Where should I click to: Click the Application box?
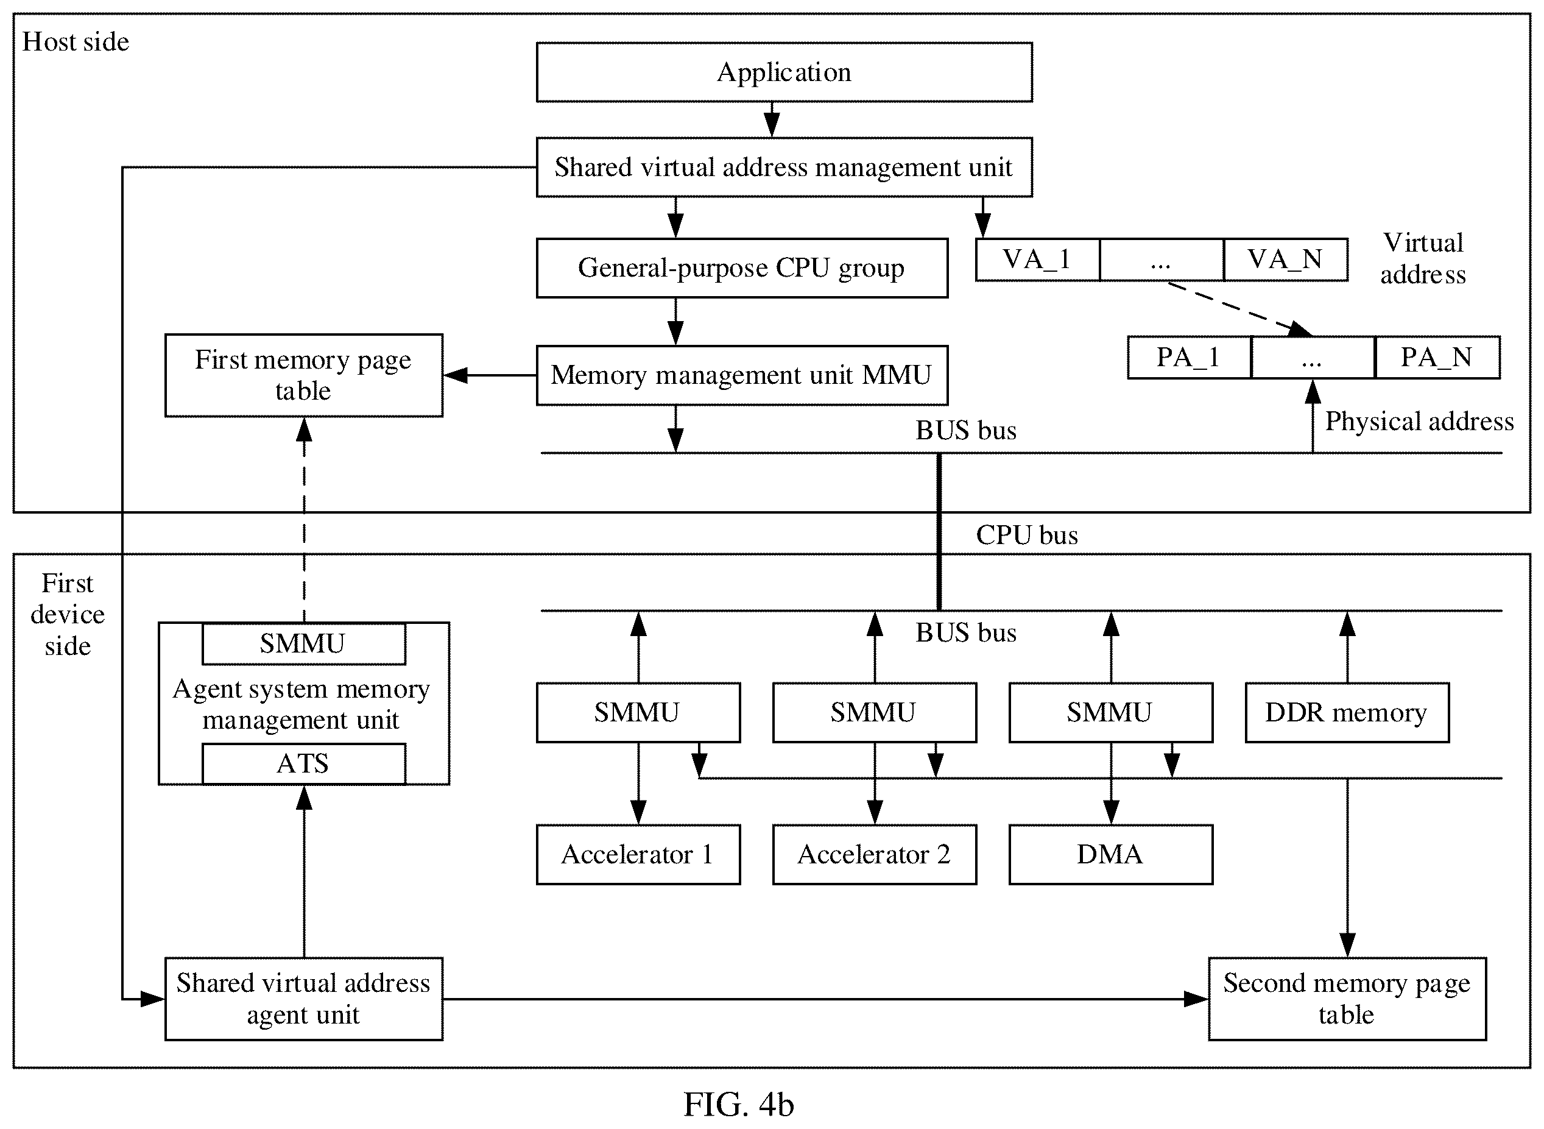click(784, 73)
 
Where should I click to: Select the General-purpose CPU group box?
click(742, 268)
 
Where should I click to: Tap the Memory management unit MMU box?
click(742, 375)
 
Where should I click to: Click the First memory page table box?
click(304, 375)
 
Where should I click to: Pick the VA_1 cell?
click(1038, 260)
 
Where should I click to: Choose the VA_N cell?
click(1286, 260)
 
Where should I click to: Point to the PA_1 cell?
click(1190, 358)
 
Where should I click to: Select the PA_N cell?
click(1437, 358)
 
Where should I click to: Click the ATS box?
click(304, 763)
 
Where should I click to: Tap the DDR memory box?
click(1347, 712)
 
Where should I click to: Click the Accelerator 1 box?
click(638, 854)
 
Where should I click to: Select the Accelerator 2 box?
click(875, 854)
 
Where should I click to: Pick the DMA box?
click(1111, 854)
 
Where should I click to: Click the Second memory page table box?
click(1347, 999)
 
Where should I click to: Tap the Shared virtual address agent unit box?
click(304, 999)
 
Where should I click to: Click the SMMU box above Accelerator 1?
click(638, 712)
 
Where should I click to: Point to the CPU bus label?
click(1027, 535)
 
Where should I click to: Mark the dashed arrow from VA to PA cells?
click(1240, 309)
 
